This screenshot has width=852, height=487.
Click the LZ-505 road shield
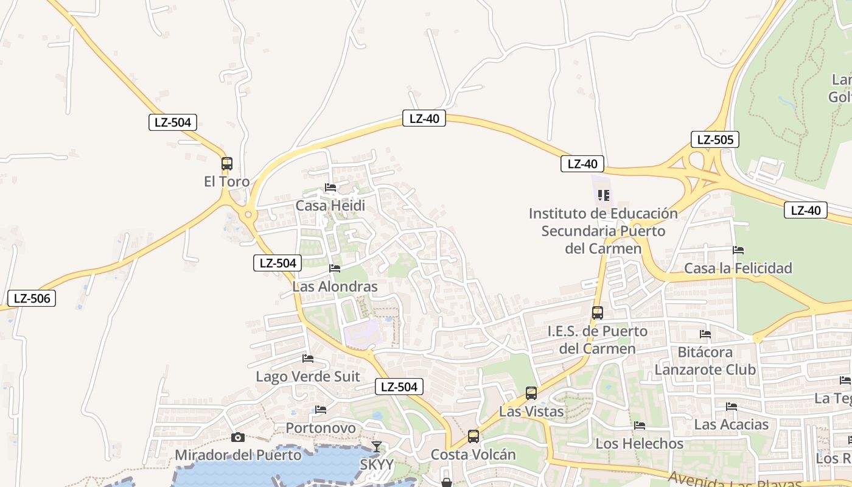[x=715, y=139]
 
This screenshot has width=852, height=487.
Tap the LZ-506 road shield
[x=32, y=298]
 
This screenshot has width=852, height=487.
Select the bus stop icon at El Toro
[x=227, y=164]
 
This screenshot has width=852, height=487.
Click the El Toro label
[x=226, y=181]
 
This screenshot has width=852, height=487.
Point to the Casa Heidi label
[x=330, y=206]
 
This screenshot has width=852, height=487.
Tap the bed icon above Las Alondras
[x=335, y=268]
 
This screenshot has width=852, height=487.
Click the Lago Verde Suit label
[x=308, y=376]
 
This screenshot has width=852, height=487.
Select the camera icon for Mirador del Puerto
[x=238, y=437]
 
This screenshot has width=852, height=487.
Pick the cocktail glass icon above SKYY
[x=377, y=447]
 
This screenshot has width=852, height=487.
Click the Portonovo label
[x=321, y=428]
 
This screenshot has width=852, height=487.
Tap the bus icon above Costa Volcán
[x=473, y=436]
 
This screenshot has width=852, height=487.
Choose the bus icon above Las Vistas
[x=531, y=393]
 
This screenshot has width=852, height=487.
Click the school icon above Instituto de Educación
[x=604, y=195]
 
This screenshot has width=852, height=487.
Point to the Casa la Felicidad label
[x=738, y=268]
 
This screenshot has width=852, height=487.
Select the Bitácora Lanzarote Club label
[x=705, y=361]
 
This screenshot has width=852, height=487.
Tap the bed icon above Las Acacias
[x=732, y=407]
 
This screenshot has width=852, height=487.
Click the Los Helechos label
[x=640, y=444]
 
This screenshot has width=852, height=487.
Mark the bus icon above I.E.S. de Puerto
[x=598, y=313]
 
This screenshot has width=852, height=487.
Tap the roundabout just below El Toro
[x=248, y=215]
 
